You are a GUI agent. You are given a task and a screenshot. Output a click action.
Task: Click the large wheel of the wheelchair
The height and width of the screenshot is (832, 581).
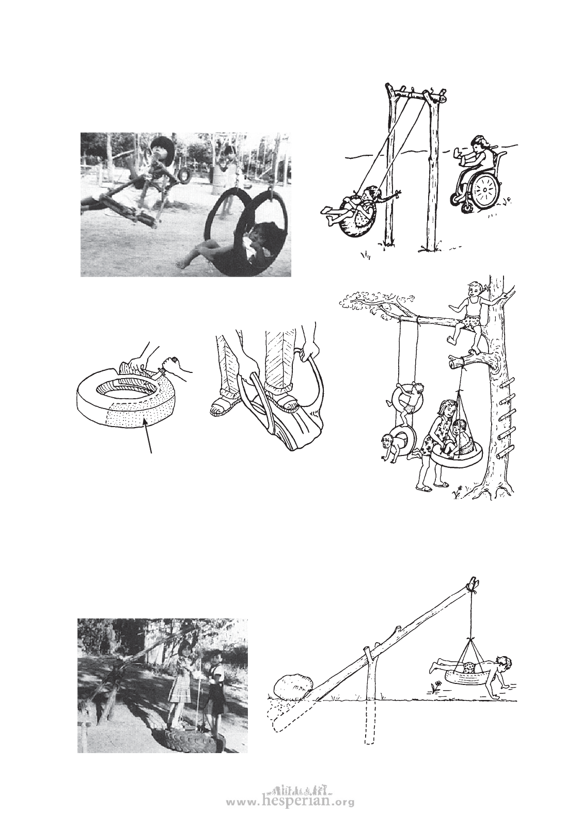pyautogui.click(x=485, y=191)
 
